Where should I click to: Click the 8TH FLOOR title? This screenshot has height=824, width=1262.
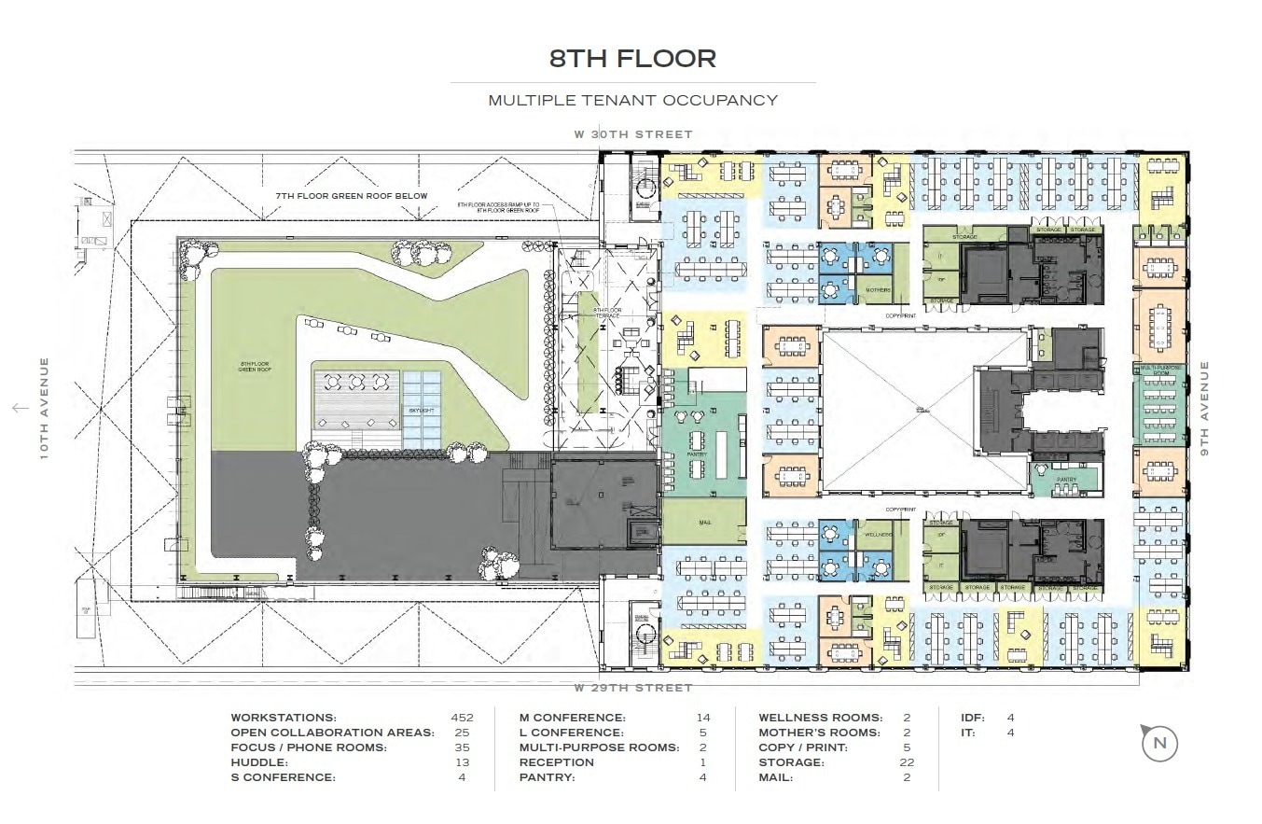632,59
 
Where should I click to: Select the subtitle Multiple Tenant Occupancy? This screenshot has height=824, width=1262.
632,100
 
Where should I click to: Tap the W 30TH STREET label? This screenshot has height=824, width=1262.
633,134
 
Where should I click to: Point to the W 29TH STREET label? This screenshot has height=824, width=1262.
633,688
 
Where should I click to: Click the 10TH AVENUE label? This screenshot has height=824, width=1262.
44,408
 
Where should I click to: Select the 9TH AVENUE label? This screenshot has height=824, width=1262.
1203,408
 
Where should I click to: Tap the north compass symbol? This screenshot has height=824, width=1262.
1159,744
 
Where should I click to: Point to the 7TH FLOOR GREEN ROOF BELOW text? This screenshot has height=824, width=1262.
351,196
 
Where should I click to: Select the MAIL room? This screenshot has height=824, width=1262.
704,524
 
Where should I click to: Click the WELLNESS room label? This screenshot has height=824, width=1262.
878,536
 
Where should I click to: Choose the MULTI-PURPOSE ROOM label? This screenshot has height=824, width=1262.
1160,370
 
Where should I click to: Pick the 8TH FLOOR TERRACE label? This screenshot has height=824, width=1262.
607,313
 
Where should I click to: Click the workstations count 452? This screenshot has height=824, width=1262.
462,718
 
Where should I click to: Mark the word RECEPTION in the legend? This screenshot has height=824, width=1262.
556,762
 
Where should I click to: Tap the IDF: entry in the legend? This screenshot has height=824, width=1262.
974,718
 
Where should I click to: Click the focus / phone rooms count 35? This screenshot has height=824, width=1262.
462,747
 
